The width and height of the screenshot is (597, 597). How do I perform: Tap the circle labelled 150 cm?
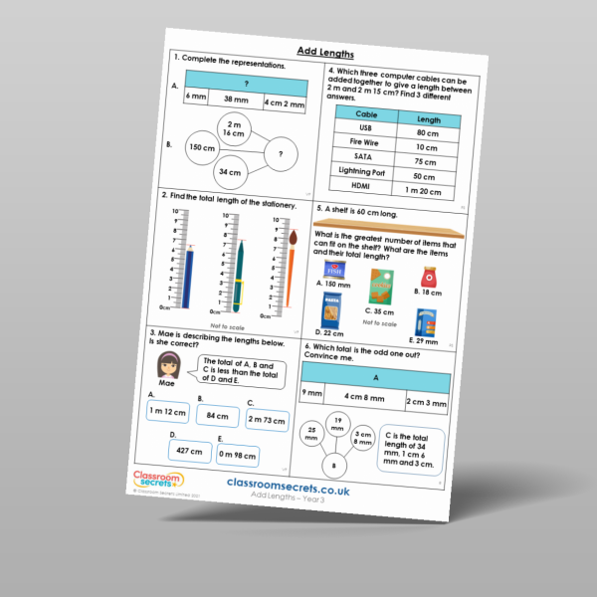click(202, 147)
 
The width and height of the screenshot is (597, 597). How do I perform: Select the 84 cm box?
click(217, 415)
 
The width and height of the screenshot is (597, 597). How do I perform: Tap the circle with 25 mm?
click(311, 435)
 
